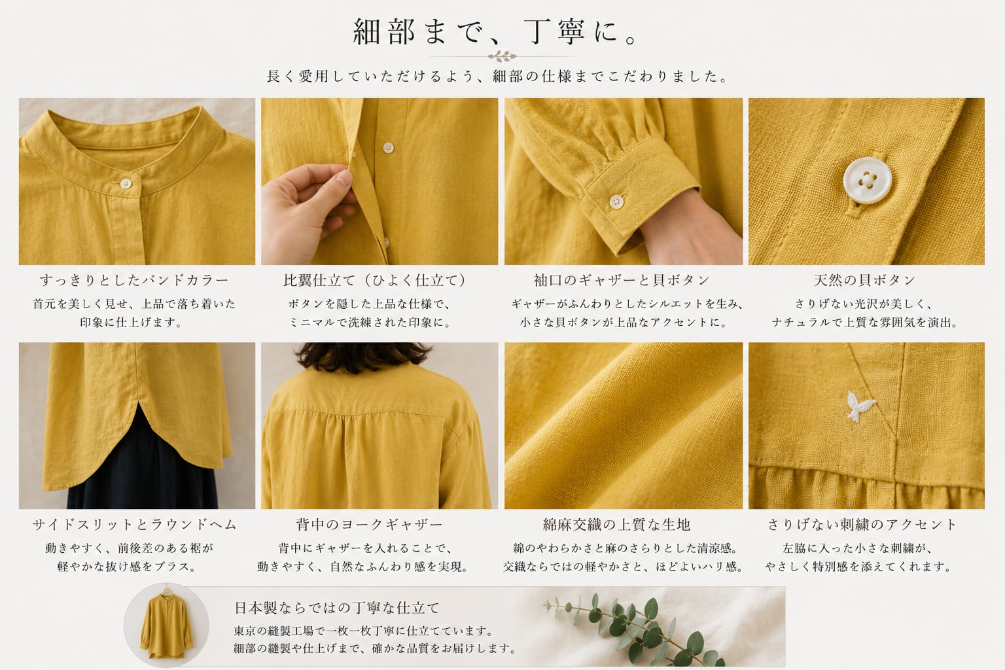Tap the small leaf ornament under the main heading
point(502,56)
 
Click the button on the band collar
point(126,183)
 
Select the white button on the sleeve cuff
point(616,202)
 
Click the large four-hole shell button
point(867,181)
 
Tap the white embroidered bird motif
point(858,406)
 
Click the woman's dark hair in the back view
point(363,357)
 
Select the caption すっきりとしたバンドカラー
point(134,281)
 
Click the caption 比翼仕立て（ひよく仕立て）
point(375,281)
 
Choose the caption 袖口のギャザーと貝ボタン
point(622,281)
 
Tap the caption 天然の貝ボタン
point(864,281)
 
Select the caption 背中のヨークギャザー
point(369,525)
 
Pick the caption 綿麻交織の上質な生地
point(616,525)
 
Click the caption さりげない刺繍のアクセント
point(862,525)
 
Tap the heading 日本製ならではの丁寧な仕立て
point(337,608)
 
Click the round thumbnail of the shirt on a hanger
point(166,626)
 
